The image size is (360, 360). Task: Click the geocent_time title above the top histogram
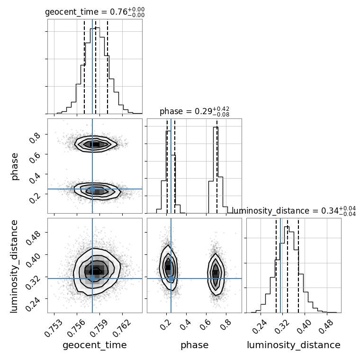click(95, 12)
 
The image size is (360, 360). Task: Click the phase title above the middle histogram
click(194, 112)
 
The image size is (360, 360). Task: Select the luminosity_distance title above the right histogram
click(294, 211)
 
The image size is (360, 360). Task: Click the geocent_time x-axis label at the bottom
click(95, 345)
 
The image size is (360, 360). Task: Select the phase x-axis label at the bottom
click(194, 345)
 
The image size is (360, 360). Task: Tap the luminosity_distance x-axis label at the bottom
click(294, 345)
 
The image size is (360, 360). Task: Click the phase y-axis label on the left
click(15, 166)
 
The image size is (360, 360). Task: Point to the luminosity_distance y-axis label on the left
click(15, 265)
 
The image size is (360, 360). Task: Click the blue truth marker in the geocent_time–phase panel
click(92, 189)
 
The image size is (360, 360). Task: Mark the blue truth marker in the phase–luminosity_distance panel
click(171, 279)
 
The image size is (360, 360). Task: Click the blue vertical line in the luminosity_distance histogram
click(281, 265)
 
